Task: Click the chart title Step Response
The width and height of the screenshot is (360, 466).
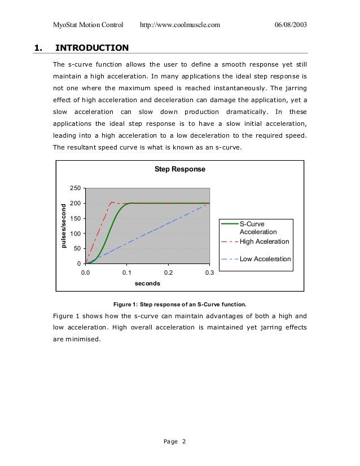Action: coord(181,169)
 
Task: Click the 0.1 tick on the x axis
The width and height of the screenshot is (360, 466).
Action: coord(127,272)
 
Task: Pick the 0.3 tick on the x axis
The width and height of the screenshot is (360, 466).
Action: coord(209,272)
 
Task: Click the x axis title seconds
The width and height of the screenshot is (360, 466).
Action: coord(147,283)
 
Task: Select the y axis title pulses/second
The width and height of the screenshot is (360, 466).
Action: coord(63,226)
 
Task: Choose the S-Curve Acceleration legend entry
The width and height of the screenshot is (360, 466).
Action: coord(258,228)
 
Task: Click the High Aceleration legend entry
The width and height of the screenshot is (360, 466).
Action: coord(264,241)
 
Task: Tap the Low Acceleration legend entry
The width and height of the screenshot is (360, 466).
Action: coord(265,259)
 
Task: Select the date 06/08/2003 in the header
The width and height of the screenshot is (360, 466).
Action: coord(291,25)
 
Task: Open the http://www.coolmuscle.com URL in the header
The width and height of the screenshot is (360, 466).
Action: coord(179,25)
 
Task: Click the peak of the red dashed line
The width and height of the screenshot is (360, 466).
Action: coord(112,202)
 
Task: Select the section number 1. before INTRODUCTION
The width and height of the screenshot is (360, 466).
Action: coord(38,48)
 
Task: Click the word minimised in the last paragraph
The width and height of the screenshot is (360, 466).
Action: coord(82,340)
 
